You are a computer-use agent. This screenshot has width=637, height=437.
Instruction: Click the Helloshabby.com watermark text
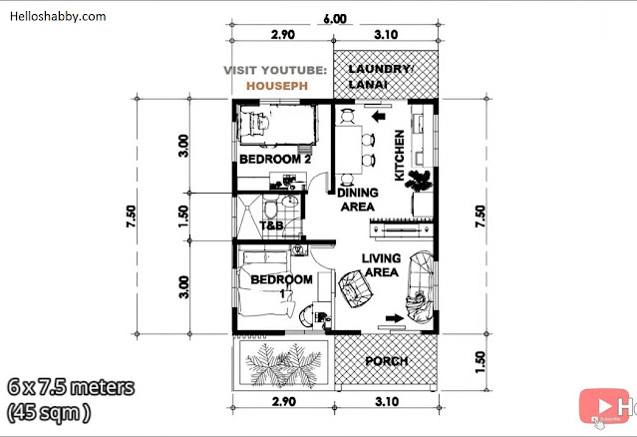point(58,17)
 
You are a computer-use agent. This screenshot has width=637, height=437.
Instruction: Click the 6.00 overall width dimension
point(335,19)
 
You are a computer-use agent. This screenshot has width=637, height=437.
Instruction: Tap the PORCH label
point(387,361)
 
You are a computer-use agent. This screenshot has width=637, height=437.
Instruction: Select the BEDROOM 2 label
point(275,159)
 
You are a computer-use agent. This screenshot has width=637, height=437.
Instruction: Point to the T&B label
point(271,225)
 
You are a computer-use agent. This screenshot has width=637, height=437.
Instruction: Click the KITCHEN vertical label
point(400,155)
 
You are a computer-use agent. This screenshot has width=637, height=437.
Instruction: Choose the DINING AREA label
point(358,200)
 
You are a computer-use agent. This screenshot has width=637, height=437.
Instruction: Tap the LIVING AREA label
point(381,265)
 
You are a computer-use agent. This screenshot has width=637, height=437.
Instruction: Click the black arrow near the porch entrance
point(395,318)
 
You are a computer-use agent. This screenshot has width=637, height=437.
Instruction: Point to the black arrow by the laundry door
point(379,117)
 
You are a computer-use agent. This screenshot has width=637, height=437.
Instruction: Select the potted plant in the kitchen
point(419,181)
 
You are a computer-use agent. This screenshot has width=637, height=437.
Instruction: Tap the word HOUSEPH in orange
point(277,86)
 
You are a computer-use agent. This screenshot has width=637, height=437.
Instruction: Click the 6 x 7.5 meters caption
point(71,387)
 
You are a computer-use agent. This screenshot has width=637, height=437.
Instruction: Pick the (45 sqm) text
point(49,413)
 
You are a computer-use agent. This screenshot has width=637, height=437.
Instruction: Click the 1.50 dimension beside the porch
point(479,362)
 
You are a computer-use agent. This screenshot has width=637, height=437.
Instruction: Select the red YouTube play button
point(604,406)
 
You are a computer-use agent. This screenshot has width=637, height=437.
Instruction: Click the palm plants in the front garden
point(283,364)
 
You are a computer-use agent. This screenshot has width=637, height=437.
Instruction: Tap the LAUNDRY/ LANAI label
point(381,77)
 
